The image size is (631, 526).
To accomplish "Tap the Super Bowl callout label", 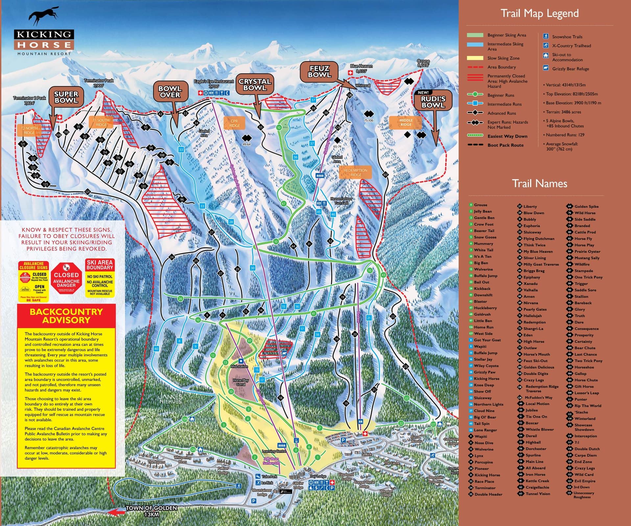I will tap(66, 97).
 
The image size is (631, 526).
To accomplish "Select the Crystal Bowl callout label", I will tap(255, 84).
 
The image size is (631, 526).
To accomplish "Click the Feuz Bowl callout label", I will tap(319, 71).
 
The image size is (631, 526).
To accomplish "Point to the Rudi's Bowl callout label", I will tap(433, 102).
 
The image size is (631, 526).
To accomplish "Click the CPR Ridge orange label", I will tap(234, 123).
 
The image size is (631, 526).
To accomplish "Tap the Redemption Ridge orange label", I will tap(356, 172).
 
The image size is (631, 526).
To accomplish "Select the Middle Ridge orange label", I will tap(406, 122).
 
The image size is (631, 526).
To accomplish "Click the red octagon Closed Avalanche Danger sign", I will tap(66, 278).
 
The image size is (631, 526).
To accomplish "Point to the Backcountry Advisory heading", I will tap(66, 316).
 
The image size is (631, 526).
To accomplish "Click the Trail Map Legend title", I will tap(539, 13).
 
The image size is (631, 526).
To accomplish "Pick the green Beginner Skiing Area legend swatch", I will tap(475, 35).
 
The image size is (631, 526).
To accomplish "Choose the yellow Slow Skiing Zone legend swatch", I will tap(475, 58).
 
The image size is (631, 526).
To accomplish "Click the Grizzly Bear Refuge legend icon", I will tap(546, 68).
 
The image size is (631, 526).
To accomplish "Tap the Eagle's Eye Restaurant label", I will tap(214, 84).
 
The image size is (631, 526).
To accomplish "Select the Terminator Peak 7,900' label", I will tap(99, 83).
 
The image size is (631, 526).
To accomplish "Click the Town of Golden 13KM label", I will tap(152, 511).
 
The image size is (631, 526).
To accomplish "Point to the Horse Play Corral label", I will tap(241, 382).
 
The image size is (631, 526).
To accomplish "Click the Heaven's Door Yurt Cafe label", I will tap(341, 201).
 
